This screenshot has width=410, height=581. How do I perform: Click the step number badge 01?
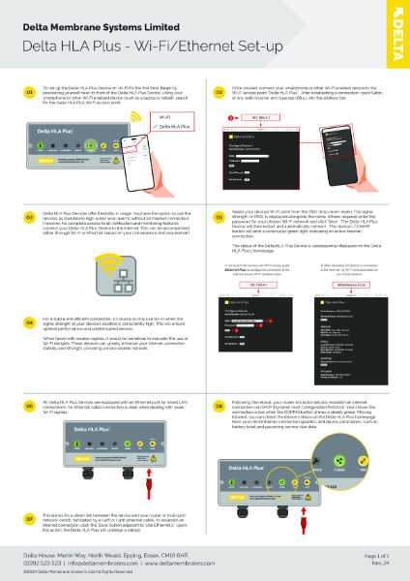click(30, 92)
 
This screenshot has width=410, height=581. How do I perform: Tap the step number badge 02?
click(220, 92)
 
